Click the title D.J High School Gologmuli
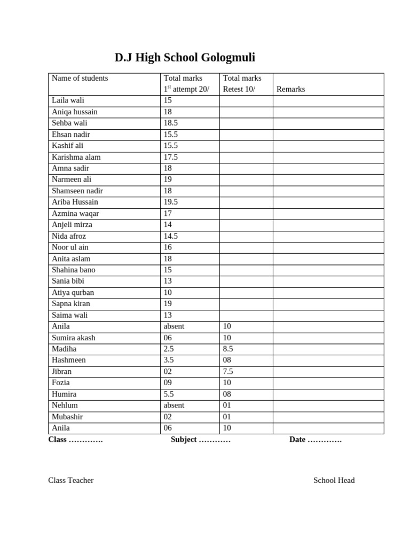tap(185, 58)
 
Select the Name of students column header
tap(80, 78)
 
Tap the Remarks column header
tap(290, 89)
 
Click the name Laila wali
tap(68, 100)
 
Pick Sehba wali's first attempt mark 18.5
tap(171, 123)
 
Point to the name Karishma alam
tap(76, 157)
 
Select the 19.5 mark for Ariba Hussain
tap(171, 202)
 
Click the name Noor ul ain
tap(70, 247)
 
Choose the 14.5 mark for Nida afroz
tap(171, 236)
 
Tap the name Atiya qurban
tap(73, 293)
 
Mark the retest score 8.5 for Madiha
tap(228, 349)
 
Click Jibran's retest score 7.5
tap(228, 371)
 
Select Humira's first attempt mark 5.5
tap(169, 394)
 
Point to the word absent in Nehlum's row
tap(174, 405)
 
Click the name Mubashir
tap(67, 417)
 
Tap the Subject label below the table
tap(184, 440)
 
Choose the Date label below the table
tap(297, 440)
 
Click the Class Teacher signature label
tap(71, 480)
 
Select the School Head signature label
tap(334, 480)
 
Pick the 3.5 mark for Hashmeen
tap(169, 360)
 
